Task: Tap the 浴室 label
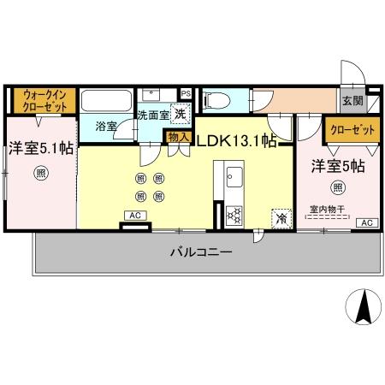click(x=106, y=126)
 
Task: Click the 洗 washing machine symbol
click(x=181, y=112)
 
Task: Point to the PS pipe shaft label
click(x=186, y=92)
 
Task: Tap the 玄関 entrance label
click(x=352, y=101)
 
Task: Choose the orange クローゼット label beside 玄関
click(x=351, y=130)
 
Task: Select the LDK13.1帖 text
click(x=237, y=140)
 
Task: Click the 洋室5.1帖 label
click(x=39, y=147)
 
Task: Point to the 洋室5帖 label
click(x=337, y=166)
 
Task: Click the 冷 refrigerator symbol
click(x=281, y=217)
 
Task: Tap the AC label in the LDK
click(x=134, y=216)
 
